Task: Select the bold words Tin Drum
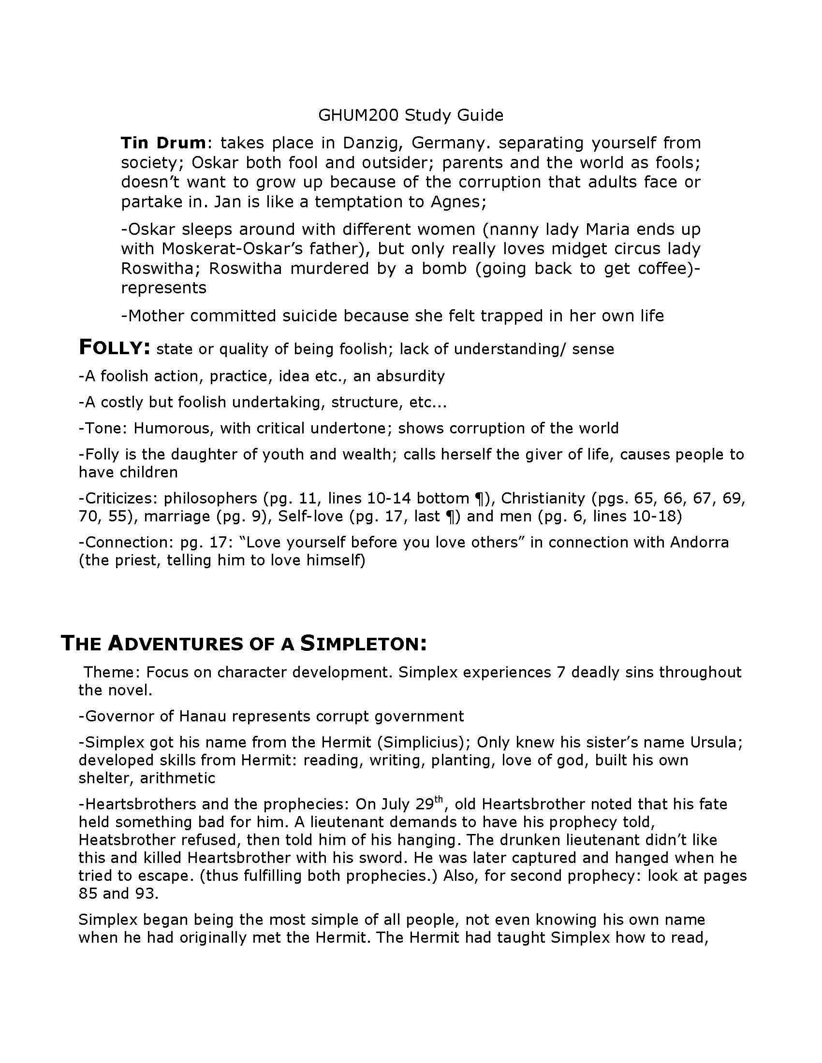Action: pos(163,143)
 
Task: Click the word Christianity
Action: pos(543,499)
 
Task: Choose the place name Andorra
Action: pos(699,542)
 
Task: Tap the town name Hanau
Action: pos(199,717)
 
